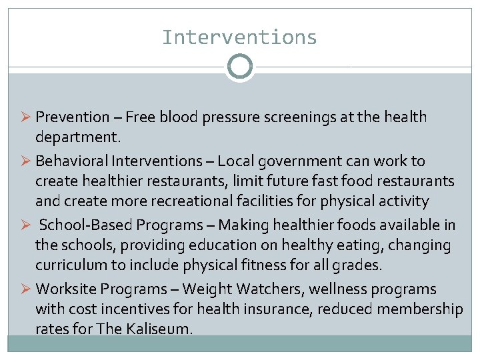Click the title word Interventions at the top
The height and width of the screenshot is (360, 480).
point(239,37)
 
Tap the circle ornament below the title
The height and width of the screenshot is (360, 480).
point(240,67)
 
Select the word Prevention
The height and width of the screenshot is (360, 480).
point(72,117)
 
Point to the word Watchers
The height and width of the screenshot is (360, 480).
point(250,289)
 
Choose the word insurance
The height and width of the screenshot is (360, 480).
point(279,309)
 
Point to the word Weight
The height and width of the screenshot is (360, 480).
point(203,289)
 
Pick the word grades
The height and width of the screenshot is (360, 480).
point(358,265)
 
